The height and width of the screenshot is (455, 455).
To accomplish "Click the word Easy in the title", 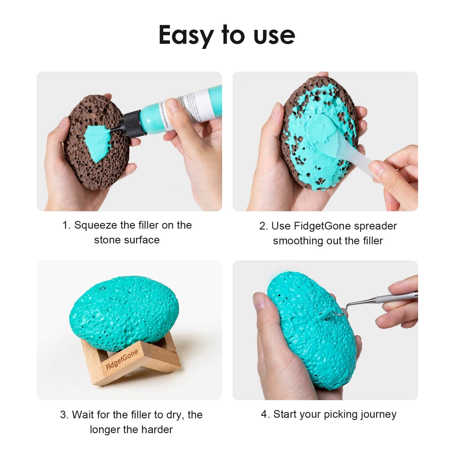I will point(186,35).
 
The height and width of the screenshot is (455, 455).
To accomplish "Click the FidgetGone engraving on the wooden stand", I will point(122,360).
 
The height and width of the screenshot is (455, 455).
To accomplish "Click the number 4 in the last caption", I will point(264,414).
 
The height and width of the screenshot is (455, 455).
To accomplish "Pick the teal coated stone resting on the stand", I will point(124,312).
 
